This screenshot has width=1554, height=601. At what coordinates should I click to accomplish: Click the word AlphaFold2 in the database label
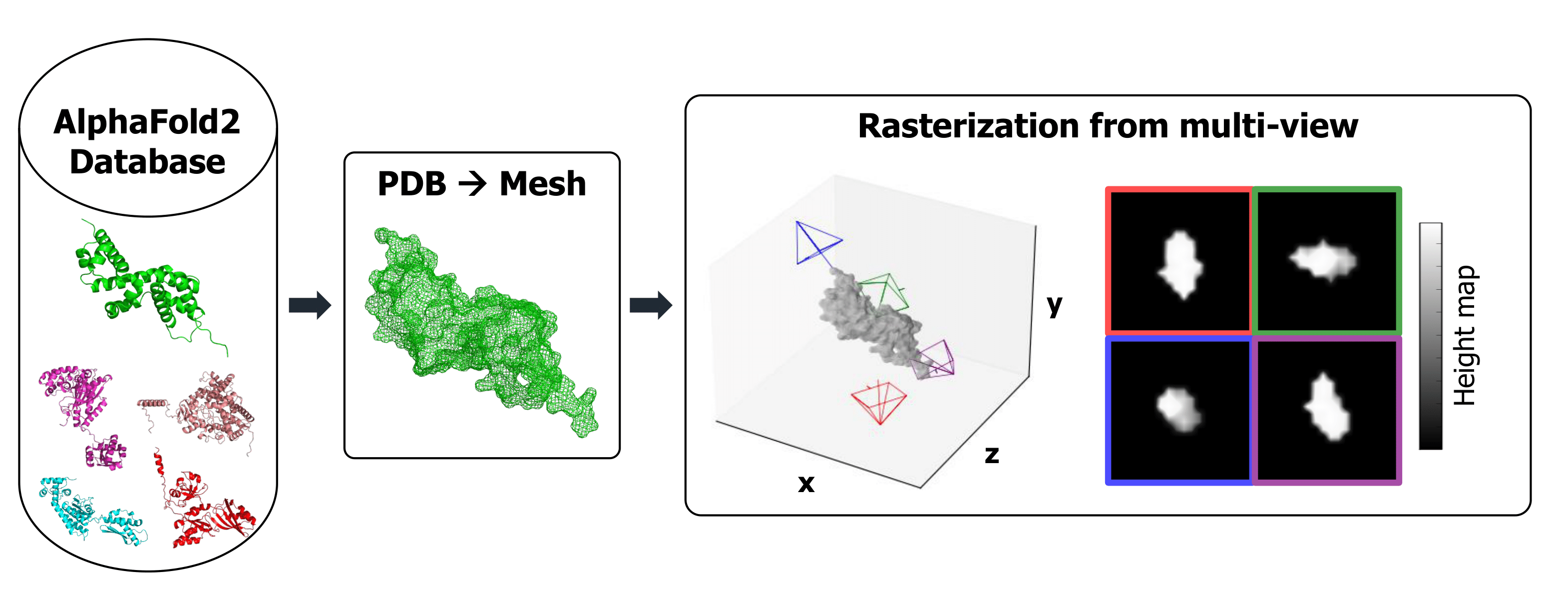[x=147, y=122]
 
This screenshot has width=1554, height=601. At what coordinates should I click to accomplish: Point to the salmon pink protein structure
[x=214, y=410]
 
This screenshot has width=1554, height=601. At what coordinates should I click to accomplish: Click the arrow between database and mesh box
[x=310, y=305]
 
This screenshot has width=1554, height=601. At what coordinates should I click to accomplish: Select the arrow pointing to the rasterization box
[x=650, y=305]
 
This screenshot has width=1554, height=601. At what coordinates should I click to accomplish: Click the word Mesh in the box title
[x=542, y=184]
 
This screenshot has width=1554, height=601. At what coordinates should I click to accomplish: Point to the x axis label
[x=806, y=483]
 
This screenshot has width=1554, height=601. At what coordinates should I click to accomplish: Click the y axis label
[x=1054, y=305]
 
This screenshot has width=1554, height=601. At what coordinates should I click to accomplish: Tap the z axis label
[x=992, y=454]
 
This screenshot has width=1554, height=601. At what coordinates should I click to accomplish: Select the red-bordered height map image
[x=1180, y=261]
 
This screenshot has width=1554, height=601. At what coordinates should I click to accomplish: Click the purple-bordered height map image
[x=1327, y=410]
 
